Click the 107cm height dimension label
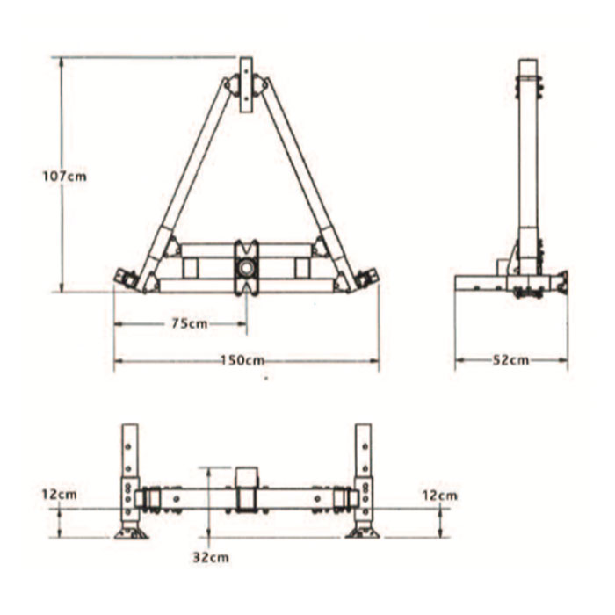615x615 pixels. click(65, 176)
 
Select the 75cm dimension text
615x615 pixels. click(189, 323)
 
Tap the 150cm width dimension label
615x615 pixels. click(242, 360)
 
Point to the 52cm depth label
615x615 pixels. click(511, 359)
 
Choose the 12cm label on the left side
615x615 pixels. click(58, 495)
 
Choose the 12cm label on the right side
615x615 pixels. click(439, 495)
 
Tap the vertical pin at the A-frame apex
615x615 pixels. click(246, 84)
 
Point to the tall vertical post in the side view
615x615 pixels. click(527, 158)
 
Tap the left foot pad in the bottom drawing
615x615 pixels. click(131, 532)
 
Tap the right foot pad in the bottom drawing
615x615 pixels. click(362, 532)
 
